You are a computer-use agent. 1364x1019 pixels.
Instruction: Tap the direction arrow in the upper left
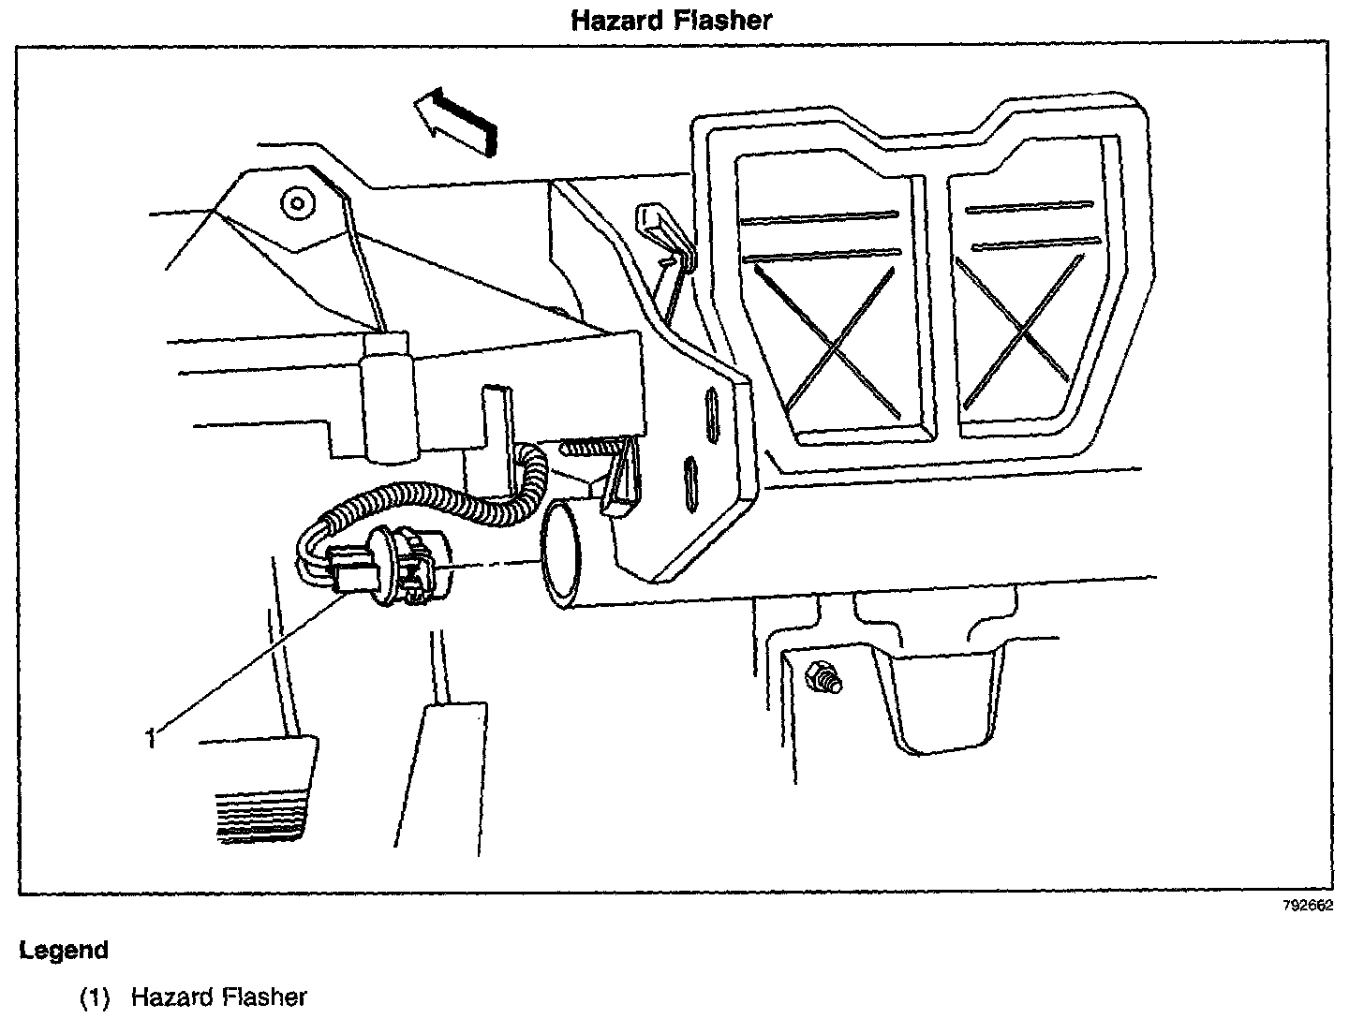pos(456,117)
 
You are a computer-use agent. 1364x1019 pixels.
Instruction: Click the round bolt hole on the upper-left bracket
pos(298,200)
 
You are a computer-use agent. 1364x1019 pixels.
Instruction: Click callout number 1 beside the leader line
pos(150,738)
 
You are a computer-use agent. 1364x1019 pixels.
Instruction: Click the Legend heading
pos(64,951)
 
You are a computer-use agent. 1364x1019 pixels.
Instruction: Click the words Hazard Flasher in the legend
pos(218,997)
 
